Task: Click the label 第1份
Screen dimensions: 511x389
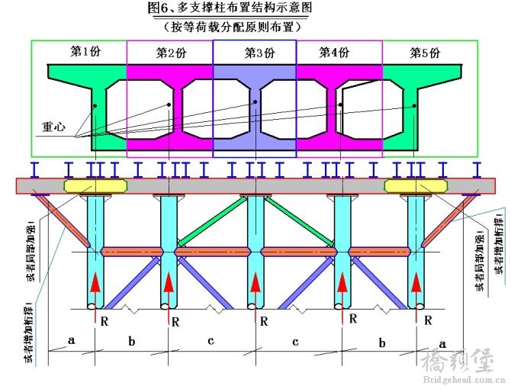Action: [x=85, y=51]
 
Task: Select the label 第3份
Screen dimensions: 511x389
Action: [x=260, y=53]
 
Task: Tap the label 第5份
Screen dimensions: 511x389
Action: [x=425, y=53]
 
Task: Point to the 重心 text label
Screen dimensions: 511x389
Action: [x=54, y=127]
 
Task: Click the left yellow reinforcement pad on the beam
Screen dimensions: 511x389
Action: [x=96, y=185]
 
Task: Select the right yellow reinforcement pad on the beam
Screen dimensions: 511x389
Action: [x=416, y=185]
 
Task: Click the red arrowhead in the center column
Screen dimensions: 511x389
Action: [x=256, y=282]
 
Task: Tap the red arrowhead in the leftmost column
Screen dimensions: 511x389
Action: [x=95, y=282]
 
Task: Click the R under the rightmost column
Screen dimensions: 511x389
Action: [x=428, y=320]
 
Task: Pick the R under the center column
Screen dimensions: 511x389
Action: [x=264, y=322]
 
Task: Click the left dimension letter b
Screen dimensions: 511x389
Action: [x=132, y=341]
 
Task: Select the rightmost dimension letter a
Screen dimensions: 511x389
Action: [x=442, y=344]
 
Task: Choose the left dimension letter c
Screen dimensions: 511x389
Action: [x=211, y=341]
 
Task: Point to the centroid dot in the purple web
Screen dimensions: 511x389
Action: [x=256, y=102]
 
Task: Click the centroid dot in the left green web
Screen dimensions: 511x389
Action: [x=95, y=105]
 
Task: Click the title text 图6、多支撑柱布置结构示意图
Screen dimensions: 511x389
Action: [x=230, y=8]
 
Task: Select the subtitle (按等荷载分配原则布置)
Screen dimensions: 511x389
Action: [x=233, y=27]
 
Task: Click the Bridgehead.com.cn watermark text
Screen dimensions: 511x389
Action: [x=464, y=380]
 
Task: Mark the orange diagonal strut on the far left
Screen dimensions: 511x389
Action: [x=62, y=220]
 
